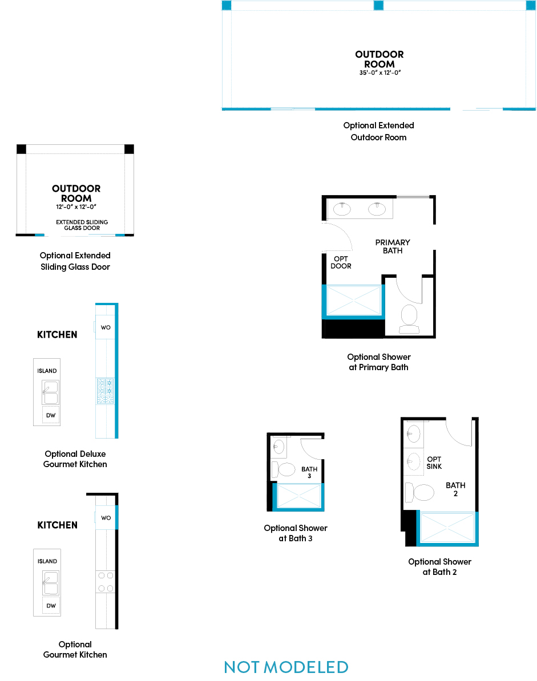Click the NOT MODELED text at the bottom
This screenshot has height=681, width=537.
click(286, 667)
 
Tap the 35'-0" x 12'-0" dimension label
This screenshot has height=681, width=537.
click(379, 72)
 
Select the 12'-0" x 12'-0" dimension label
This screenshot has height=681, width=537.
click(76, 206)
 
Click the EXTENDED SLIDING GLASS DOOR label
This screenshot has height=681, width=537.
click(82, 225)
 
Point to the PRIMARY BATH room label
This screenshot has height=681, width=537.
click(393, 246)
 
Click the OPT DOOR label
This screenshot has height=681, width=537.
click(341, 262)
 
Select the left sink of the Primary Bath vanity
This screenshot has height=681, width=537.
click(342, 209)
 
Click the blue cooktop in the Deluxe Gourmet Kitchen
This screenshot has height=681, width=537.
click(105, 391)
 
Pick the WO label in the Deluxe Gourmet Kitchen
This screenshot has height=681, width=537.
click(106, 327)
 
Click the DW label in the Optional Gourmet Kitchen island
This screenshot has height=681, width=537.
click(51, 606)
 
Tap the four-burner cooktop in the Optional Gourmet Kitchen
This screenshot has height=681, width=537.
click(106, 582)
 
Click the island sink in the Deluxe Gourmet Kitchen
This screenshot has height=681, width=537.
click(50, 392)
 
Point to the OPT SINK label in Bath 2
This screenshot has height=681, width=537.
click(434, 463)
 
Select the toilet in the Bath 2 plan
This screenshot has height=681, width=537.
click(419, 493)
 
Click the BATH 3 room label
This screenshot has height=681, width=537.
click(309, 472)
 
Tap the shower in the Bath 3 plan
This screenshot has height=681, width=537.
click(298, 496)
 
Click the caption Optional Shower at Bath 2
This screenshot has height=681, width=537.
click(439, 567)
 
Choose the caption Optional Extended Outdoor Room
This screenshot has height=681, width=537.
click(379, 131)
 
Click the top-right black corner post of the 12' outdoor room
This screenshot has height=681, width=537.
click(129, 149)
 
